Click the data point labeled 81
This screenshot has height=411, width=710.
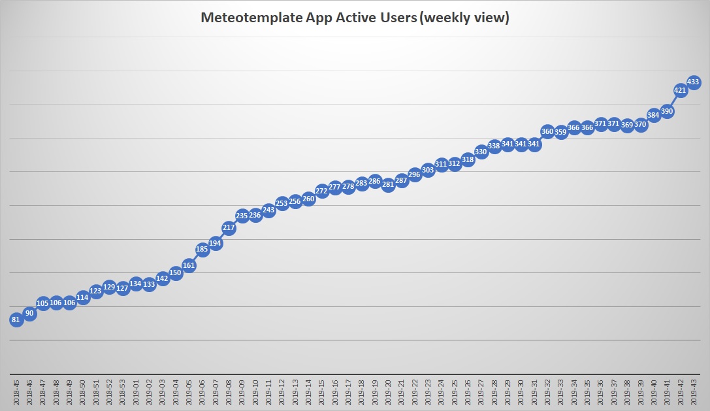coord(16,320)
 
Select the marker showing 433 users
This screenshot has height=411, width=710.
coord(693,82)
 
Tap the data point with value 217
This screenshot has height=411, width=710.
coord(229,228)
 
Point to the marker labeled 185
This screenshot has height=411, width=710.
coord(202,249)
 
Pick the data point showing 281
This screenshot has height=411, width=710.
coord(388,184)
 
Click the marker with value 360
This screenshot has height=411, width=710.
coord(547,131)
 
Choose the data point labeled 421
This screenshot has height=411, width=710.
coord(680,90)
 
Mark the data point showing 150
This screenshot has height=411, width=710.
coord(176,272)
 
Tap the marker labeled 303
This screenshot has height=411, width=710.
coord(428,170)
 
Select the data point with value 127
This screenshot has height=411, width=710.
coord(123,288)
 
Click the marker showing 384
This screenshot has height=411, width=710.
coord(653,115)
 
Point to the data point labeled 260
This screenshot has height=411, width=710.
coord(308,199)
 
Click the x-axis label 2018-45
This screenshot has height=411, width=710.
coord(16,391)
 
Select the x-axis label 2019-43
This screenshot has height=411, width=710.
coord(693,391)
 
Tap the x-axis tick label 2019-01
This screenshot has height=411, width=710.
coord(136,391)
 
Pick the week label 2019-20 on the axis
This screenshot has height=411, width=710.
coord(388,391)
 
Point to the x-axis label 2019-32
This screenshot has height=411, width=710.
coord(547,391)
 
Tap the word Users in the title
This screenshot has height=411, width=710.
coord(395,18)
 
